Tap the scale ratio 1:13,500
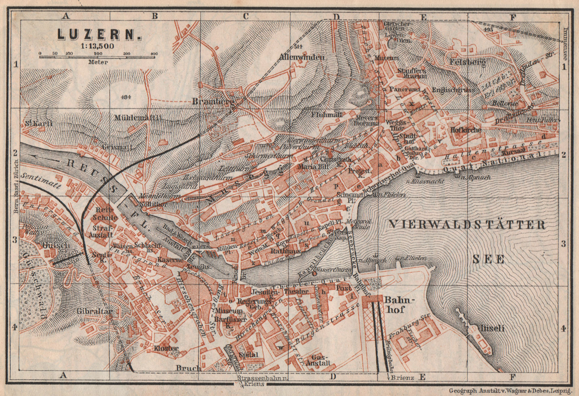(x=98, y=46)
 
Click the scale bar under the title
(x=98, y=57)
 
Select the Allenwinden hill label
(x=301, y=57)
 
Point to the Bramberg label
(x=214, y=102)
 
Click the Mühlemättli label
(x=137, y=118)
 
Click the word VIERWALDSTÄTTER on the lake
(x=467, y=225)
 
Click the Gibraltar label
(x=95, y=311)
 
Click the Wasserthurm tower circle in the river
(x=314, y=273)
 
